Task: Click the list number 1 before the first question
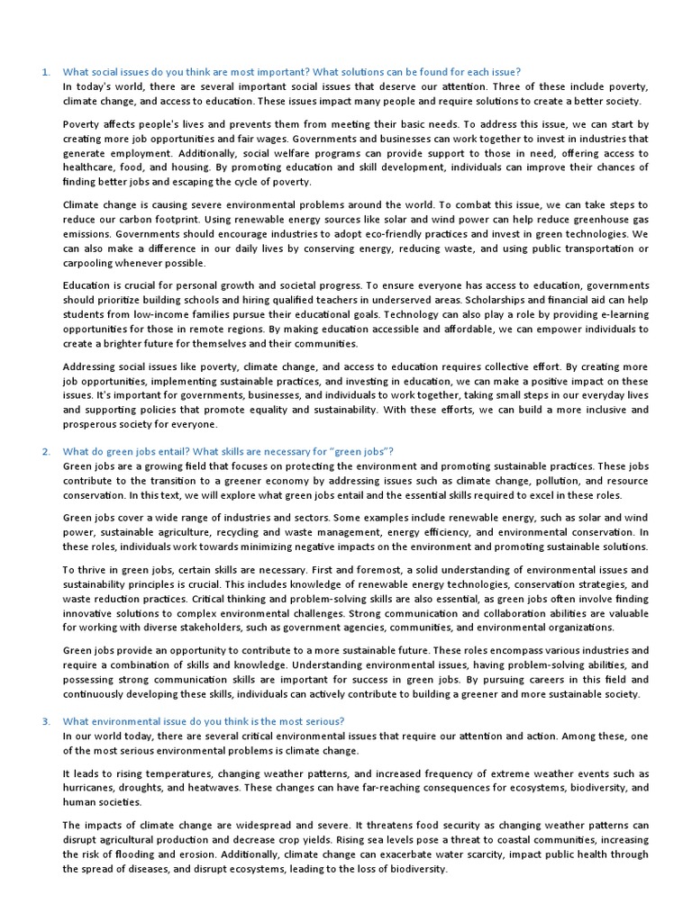point(45,72)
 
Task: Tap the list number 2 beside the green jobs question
point(45,451)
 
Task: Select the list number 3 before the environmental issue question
point(45,721)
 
